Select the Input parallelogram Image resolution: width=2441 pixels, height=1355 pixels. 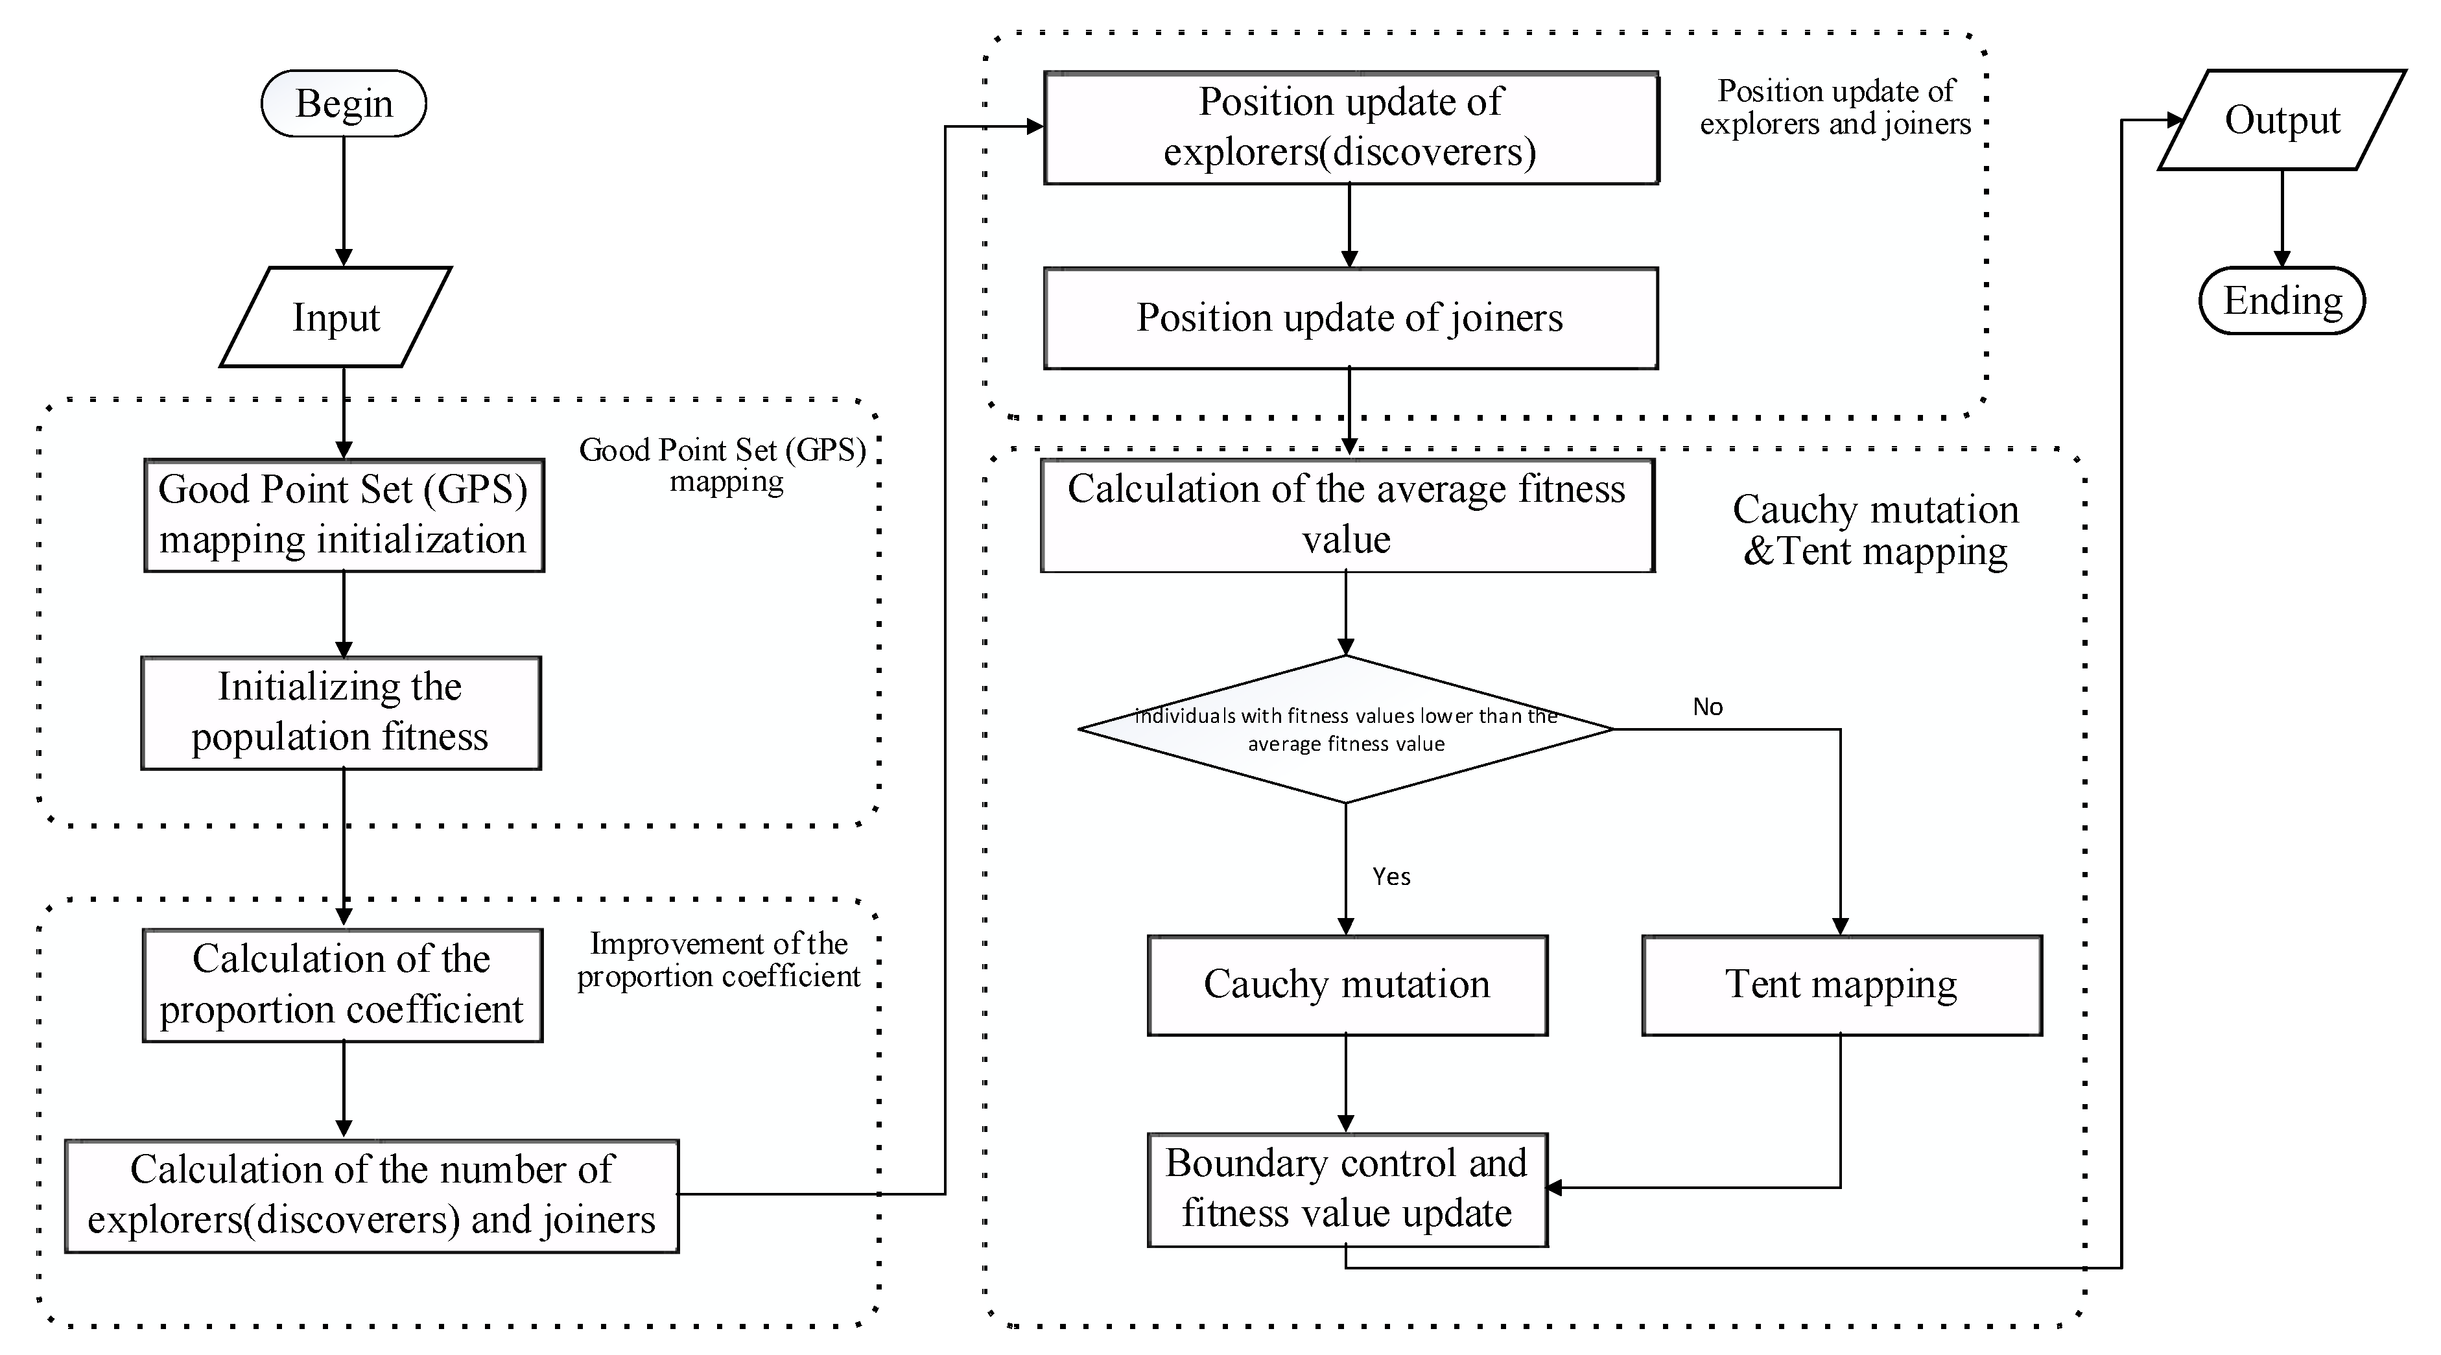[x=335, y=318]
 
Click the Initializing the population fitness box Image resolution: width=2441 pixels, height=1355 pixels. [x=341, y=713]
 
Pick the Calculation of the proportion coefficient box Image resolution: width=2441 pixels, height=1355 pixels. [x=342, y=985]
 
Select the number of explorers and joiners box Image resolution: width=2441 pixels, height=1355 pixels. [x=371, y=1196]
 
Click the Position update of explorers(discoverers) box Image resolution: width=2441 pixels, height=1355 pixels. [x=1350, y=128]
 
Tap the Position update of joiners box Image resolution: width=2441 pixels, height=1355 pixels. [x=1350, y=318]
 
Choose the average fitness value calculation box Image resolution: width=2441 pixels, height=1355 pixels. [x=1347, y=515]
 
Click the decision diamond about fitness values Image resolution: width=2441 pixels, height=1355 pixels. [x=1345, y=729]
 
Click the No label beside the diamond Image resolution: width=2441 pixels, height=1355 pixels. [x=1708, y=707]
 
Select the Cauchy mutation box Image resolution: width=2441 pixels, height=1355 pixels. [x=1347, y=985]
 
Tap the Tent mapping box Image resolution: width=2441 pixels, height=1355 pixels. [x=1841, y=985]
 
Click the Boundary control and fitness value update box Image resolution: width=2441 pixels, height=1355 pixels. [x=1347, y=1189]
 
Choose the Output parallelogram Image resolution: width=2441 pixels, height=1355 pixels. [x=2282, y=121]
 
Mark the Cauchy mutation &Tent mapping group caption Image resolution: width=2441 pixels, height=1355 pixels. [x=1875, y=530]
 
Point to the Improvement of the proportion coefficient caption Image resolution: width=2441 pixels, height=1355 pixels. [x=718, y=960]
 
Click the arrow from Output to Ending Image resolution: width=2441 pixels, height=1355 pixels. [x=2282, y=218]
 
